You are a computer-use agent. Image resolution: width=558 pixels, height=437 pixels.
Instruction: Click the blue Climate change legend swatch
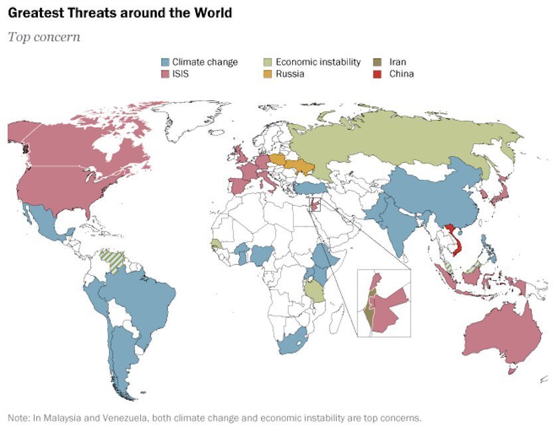coord(165,62)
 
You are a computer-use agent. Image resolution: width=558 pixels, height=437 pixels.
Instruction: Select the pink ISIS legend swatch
coord(165,74)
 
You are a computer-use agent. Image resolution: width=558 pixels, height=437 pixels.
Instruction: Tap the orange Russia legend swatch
coord(268,74)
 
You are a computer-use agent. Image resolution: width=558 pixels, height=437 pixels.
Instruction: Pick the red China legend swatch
coord(377,74)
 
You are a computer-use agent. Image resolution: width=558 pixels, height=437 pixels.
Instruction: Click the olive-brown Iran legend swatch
coord(377,62)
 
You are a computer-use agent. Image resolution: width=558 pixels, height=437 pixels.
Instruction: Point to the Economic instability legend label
coord(318,62)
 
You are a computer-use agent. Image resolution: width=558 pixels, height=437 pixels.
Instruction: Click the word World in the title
coord(213,13)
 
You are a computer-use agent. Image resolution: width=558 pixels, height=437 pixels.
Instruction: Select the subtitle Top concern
coord(44,37)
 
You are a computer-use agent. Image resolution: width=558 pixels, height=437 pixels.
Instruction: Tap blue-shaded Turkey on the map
coord(310,189)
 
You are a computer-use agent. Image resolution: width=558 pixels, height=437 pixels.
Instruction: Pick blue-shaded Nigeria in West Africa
coord(262,255)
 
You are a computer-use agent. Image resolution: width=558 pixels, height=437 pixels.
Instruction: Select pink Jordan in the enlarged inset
coord(388,310)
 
